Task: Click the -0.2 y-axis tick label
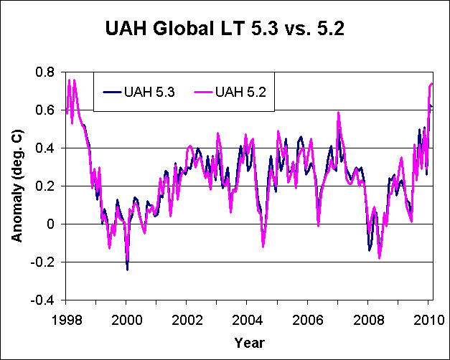(x=44, y=262)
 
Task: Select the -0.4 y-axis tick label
(x=44, y=300)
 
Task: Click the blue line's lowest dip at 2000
(x=127, y=269)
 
